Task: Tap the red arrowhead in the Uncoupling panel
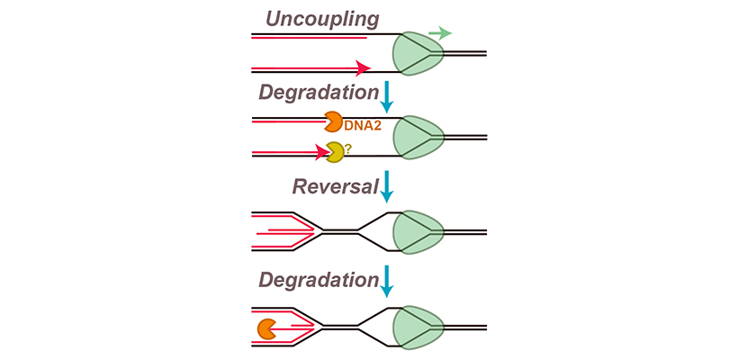[x=364, y=68]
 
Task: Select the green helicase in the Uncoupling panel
[x=417, y=53]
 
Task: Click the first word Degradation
[x=316, y=92]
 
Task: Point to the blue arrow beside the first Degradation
[x=387, y=95]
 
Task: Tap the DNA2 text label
[x=364, y=126]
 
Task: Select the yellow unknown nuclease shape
[x=335, y=153]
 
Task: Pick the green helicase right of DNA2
[x=419, y=137]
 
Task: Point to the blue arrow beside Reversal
[x=387, y=188]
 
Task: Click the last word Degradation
[x=316, y=279]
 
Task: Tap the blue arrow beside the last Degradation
[x=387, y=281]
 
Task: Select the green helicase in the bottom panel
[x=419, y=325]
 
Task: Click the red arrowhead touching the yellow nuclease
[x=321, y=153]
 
